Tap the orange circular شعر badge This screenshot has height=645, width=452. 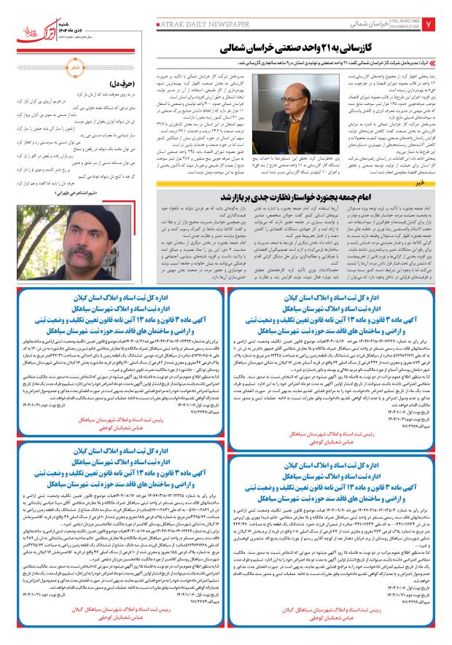pyautogui.click(x=76, y=68)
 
